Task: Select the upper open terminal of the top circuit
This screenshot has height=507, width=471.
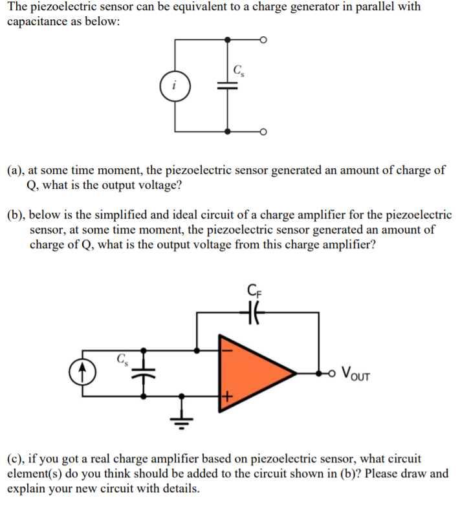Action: click(263, 40)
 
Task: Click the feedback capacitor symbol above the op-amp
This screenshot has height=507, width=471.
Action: click(252, 312)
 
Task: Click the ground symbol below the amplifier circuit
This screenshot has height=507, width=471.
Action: click(182, 418)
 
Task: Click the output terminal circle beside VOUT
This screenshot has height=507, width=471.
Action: click(332, 374)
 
